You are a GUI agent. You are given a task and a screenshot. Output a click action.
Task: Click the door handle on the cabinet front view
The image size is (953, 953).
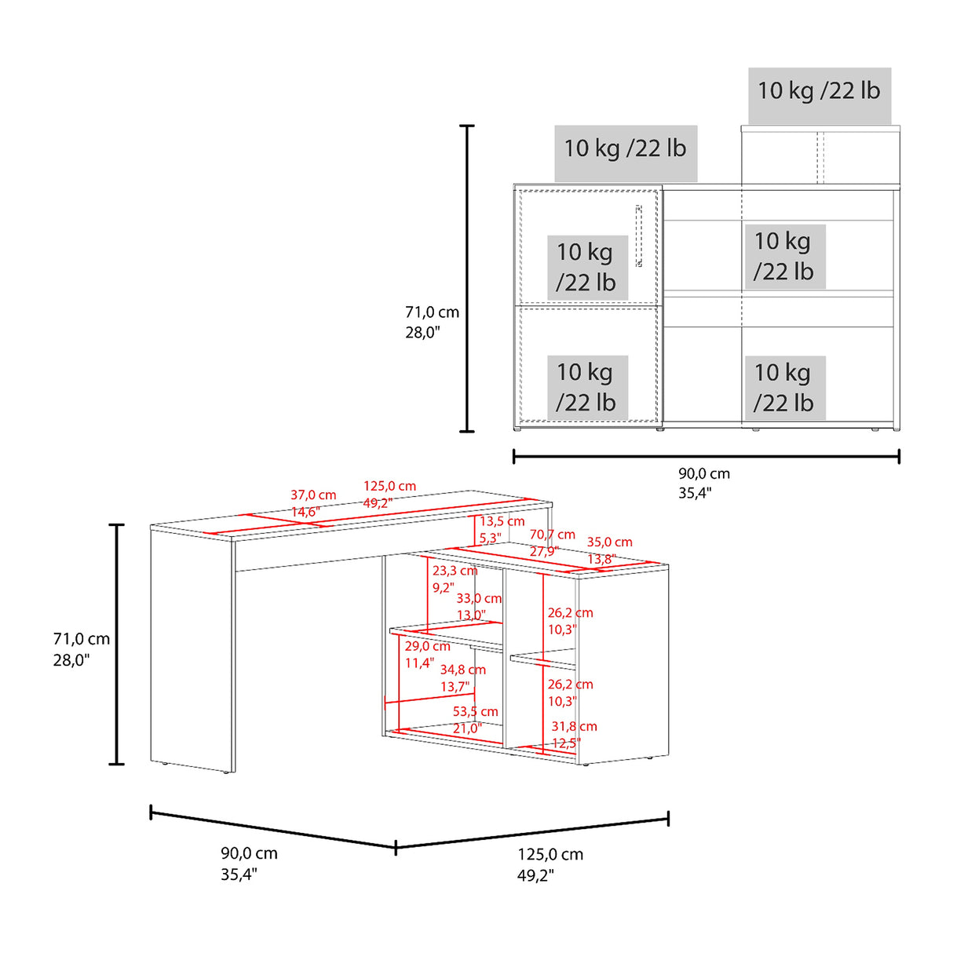(x=638, y=236)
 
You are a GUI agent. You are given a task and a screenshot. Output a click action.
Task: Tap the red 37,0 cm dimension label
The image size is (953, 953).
(x=313, y=495)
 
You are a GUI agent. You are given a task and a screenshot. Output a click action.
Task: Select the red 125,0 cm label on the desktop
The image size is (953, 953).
(x=389, y=487)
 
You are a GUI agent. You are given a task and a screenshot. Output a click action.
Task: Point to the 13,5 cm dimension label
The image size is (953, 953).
(x=502, y=521)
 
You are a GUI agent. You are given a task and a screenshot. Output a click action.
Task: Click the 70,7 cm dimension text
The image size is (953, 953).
(x=552, y=535)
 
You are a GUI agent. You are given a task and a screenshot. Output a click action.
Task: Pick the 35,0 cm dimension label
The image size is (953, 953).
(x=609, y=542)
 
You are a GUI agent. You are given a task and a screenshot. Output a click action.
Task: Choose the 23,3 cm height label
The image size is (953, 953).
(x=455, y=571)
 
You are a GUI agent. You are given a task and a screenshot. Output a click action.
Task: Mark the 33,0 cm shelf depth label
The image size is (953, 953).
(x=479, y=598)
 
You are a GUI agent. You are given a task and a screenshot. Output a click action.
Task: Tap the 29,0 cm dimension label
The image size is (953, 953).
(x=427, y=646)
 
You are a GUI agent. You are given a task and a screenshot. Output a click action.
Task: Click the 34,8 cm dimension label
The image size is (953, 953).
(x=462, y=670)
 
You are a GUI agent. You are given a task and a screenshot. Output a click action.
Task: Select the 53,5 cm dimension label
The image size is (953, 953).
(x=475, y=712)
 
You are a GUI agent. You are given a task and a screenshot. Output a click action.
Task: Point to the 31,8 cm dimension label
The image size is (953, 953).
(x=574, y=727)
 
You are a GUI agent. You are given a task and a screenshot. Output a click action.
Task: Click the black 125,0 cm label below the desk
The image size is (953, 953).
(x=550, y=855)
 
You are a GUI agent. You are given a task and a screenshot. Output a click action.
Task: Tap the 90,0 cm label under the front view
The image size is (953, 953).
(x=704, y=474)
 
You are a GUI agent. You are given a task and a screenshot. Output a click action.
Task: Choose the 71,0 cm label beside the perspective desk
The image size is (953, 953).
(x=82, y=640)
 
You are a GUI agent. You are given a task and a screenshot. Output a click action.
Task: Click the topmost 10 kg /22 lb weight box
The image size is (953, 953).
(x=819, y=91)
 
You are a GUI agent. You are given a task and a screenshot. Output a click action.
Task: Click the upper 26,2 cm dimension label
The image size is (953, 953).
(x=570, y=613)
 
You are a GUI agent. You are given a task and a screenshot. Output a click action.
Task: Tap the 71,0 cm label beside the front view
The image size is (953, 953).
(x=432, y=312)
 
